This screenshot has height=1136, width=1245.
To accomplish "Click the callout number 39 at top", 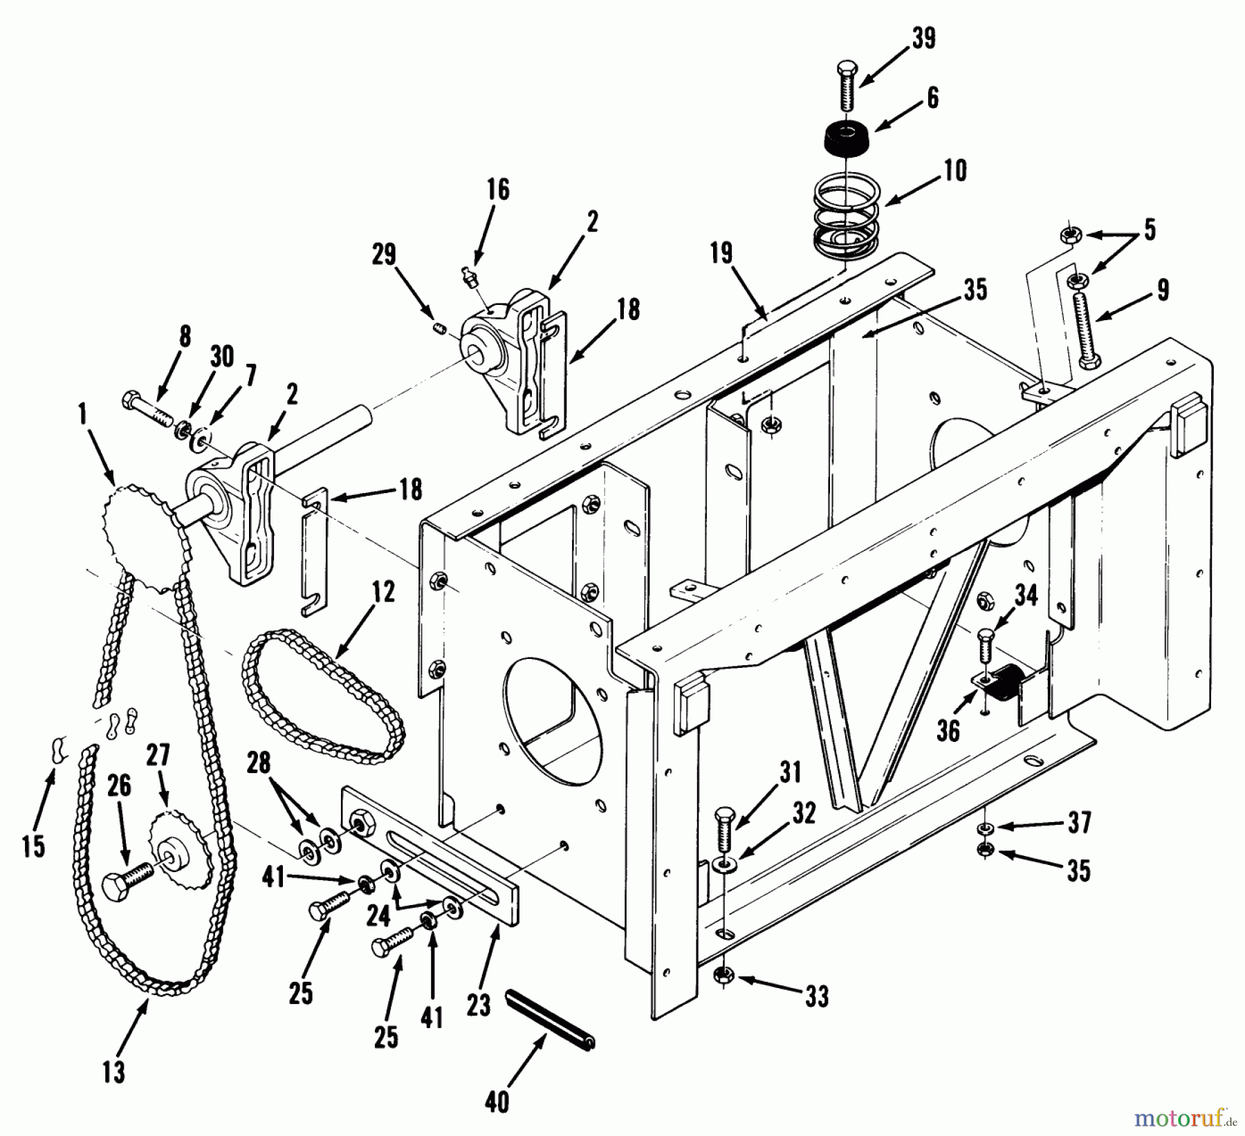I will (x=924, y=39).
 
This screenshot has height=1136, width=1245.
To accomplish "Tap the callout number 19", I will (x=721, y=254).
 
